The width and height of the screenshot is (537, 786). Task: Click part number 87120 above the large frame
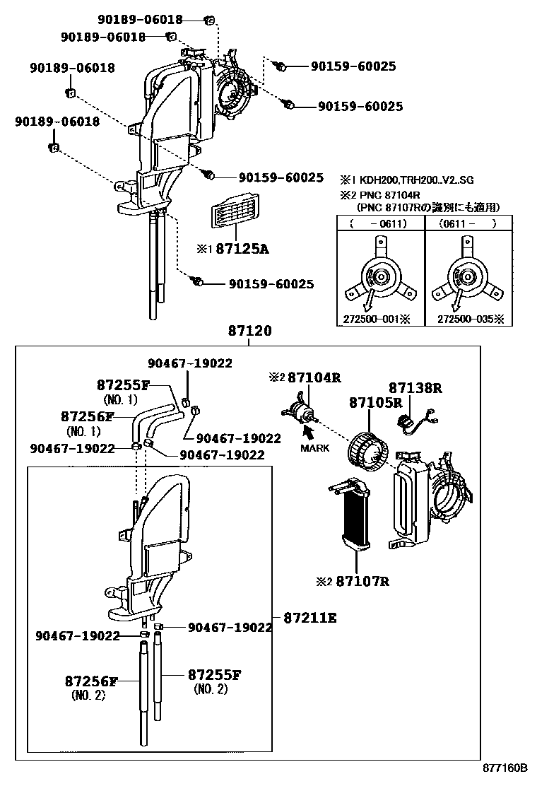click(x=249, y=331)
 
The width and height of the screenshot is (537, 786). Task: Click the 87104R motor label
click(x=314, y=378)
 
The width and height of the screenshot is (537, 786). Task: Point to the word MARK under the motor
click(x=315, y=448)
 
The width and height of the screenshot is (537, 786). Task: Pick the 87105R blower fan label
click(x=375, y=403)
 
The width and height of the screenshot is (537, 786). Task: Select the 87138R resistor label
click(x=415, y=387)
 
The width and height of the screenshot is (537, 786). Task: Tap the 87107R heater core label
click(x=362, y=582)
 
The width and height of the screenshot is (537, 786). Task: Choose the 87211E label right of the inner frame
click(x=310, y=617)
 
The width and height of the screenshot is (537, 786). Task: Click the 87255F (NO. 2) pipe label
click(x=214, y=675)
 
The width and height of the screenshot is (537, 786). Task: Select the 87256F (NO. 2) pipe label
click(x=90, y=681)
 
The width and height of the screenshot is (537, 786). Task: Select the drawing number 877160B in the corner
click(x=505, y=768)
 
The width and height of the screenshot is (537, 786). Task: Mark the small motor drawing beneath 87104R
click(x=300, y=411)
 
